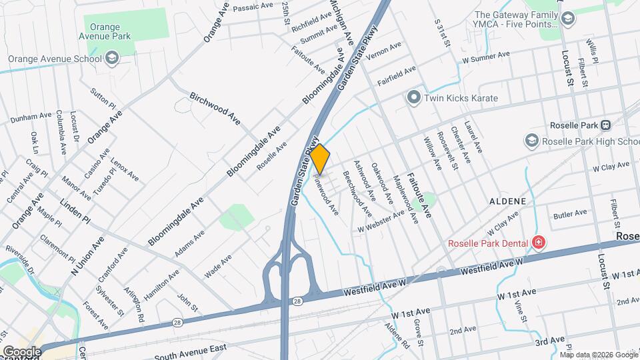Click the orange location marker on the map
coord(320,159)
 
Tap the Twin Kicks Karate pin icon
coord(414,98)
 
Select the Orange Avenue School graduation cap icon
coord(112,59)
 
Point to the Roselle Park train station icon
coord(606,125)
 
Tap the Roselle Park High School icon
coord(531,141)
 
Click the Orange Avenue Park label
coord(107,32)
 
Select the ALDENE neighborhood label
coord(508,201)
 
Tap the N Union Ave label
coord(88,256)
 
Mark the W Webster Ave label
coord(381,223)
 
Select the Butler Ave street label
coord(570,213)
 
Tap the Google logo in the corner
coord(21,351)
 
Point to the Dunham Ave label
coord(31,117)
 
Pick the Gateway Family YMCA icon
coord(567,19)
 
